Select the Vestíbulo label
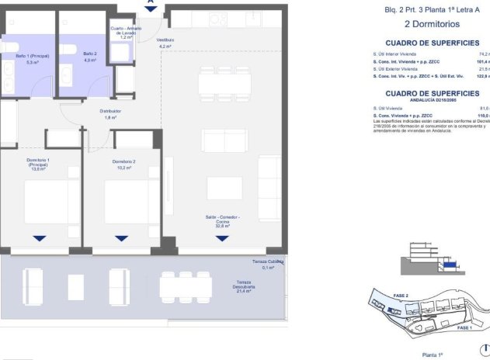[x=165, y=43]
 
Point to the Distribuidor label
[x=110, y=114]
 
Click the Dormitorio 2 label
[x=123, y=164]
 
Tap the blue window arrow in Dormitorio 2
[x=120, y=238]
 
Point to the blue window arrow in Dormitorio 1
[x=39, y=238]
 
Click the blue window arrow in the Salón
[x=222, y=238]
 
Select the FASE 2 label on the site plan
[x=401, y=296]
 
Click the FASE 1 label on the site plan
[x=464, y=328]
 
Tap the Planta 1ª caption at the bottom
[x=432, y=354]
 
